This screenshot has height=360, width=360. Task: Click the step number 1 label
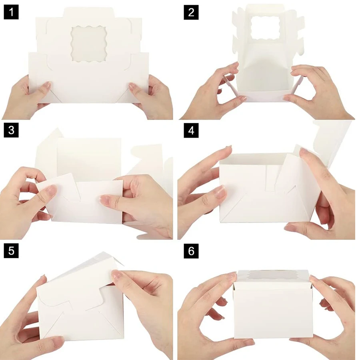coord(11,12)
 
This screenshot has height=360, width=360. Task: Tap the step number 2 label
coord(191,12)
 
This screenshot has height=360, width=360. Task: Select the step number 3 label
coord(11,131)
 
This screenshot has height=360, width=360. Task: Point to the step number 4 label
coord(191,131)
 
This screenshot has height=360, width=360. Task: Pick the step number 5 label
coord(11,251)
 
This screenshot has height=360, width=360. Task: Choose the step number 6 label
coord(191,251)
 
